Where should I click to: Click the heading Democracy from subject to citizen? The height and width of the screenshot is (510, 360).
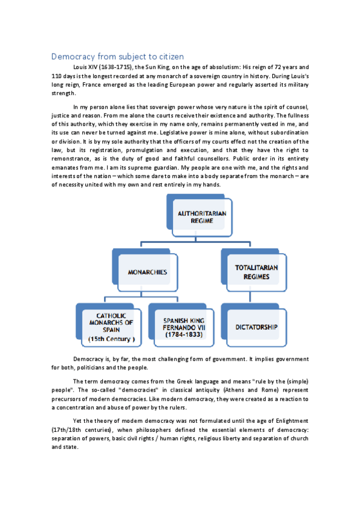tap(117, 56)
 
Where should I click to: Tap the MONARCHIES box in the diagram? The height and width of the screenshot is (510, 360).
tap(147, 272)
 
